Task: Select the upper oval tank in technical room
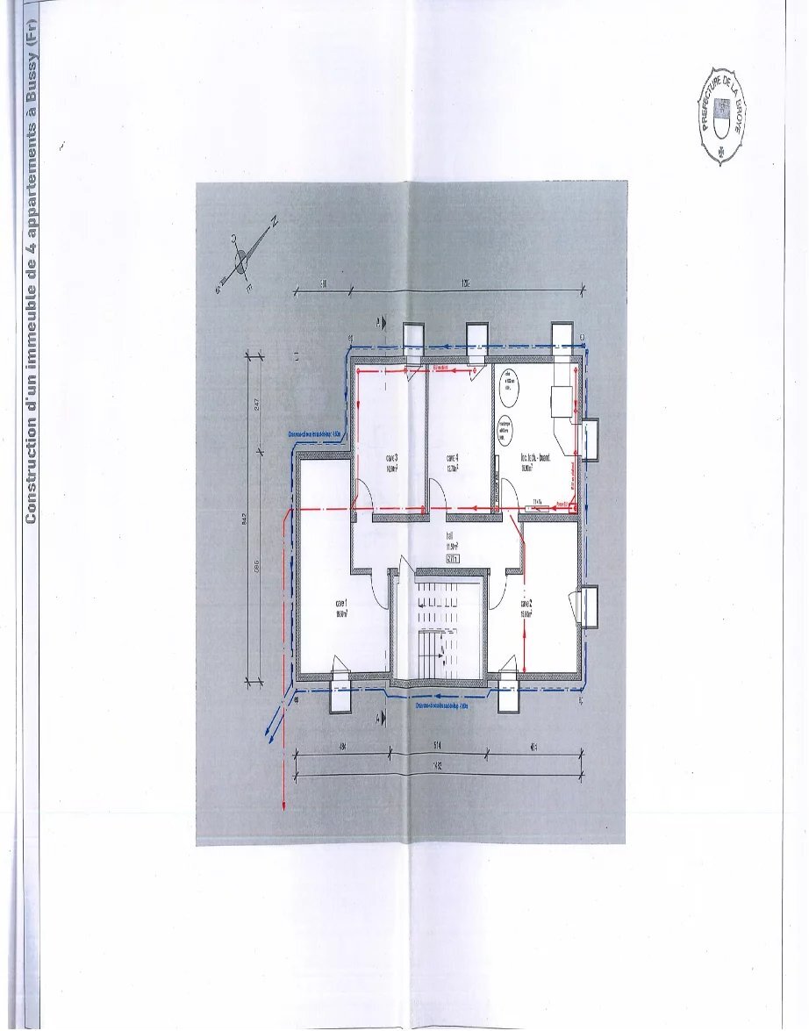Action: point(508,383)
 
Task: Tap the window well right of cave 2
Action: point(589,606)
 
